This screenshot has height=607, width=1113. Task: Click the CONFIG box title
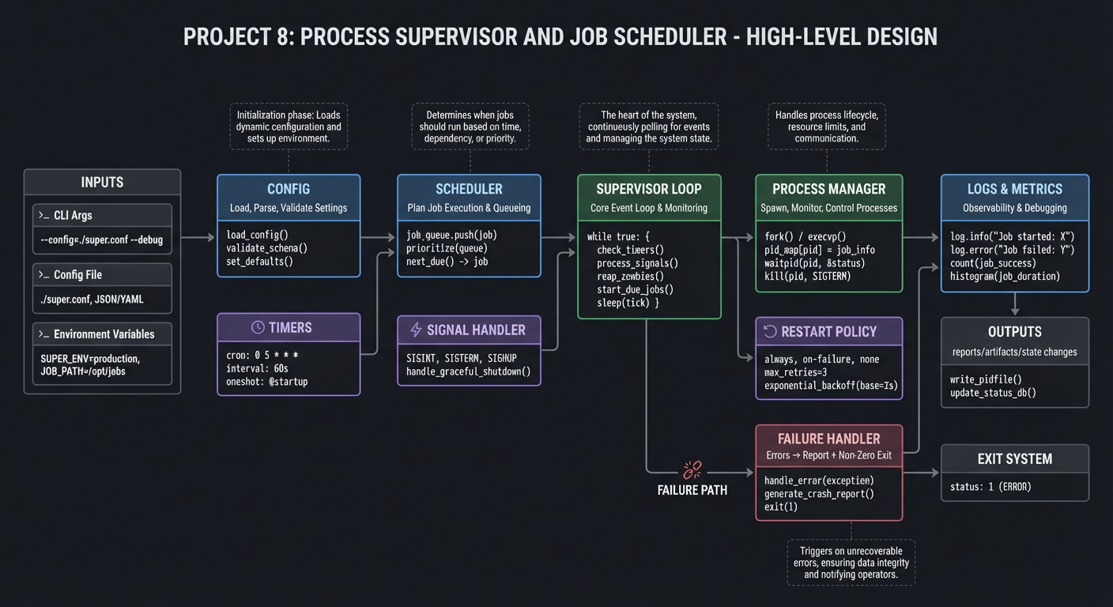click(x=289, y=189)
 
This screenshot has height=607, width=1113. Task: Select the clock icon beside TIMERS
click(x=257, y=327)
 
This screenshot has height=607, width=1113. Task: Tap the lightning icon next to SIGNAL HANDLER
click(x=416, y=330)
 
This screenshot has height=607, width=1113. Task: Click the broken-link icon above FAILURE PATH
click(x=692, y=470)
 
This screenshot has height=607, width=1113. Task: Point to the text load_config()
click(x=257, y=235)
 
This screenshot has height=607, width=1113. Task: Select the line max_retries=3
click(x=795, y=372)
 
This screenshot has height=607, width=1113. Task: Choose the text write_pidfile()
click(x=986, y=379)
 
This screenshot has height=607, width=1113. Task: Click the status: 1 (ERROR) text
click(x=990, y=487)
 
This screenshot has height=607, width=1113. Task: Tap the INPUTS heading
click(x=102, y=183)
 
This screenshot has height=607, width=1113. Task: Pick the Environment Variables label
click(x=104, y=334)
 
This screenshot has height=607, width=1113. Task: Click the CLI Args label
click(x=73, y=215)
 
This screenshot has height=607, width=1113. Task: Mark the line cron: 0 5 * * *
click(x=262, y=355)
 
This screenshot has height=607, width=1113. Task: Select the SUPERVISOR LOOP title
click(x=649, y=189)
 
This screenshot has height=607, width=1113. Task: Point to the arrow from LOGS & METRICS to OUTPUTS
click(x=1015, y=304)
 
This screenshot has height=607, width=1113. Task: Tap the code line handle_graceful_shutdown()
click(x=468, y=371)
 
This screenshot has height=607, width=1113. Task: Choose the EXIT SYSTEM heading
click(x=1014, y=458)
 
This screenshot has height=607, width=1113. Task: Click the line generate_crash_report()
click(x=819, y=494)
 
